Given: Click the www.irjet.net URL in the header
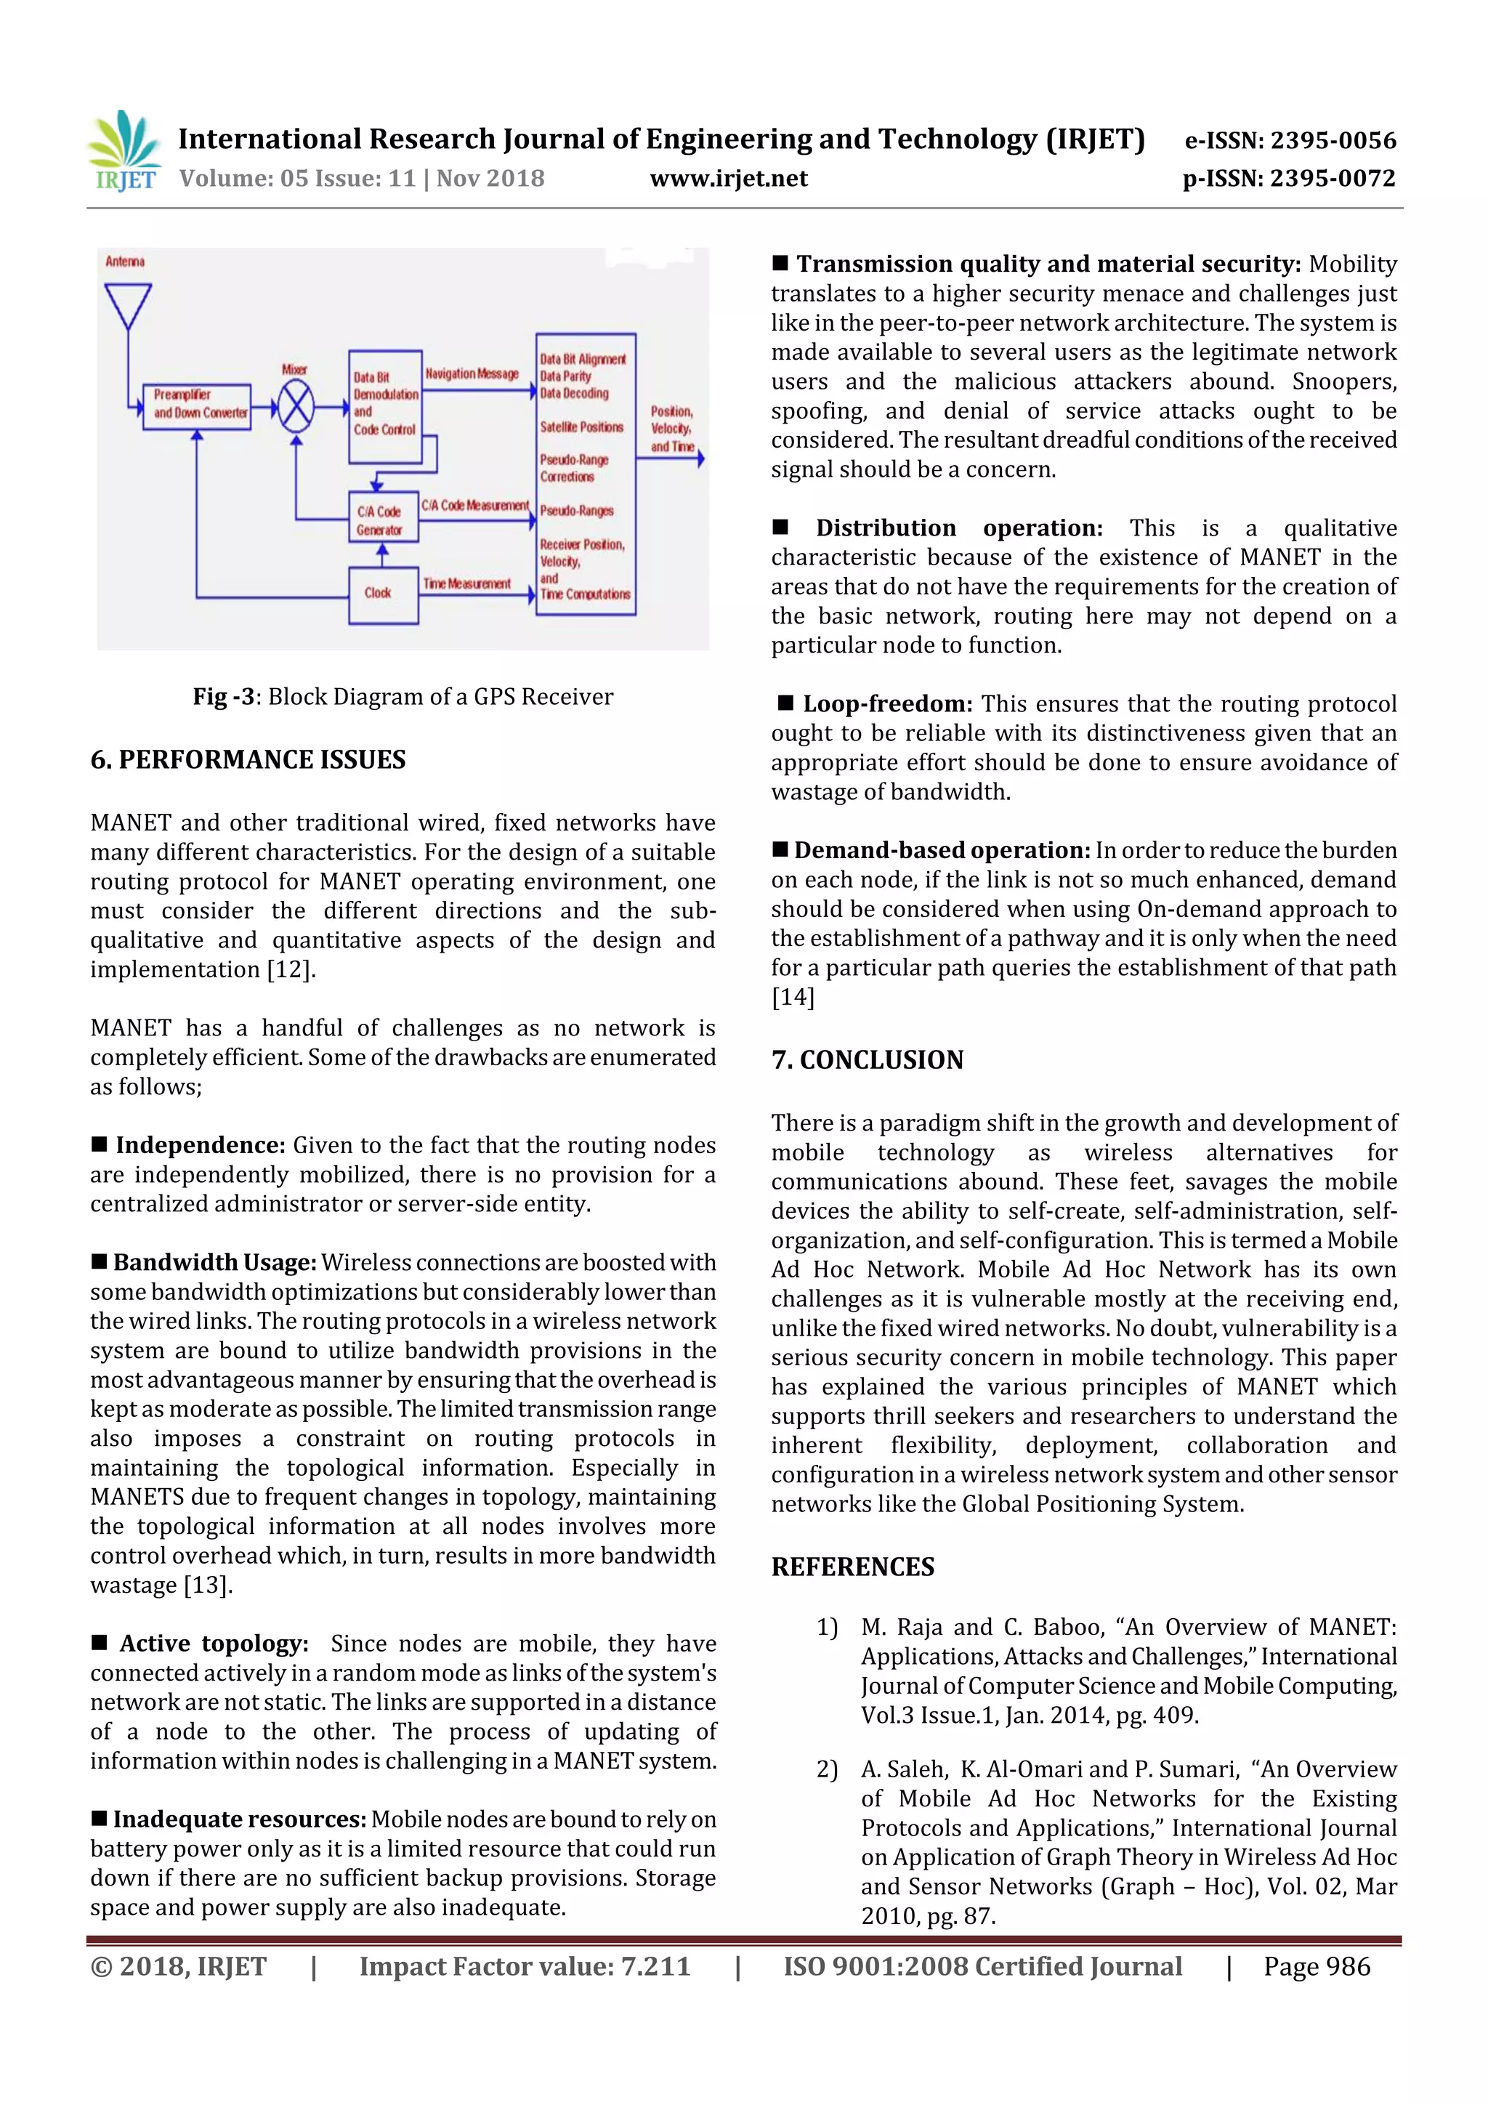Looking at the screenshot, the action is click(728, 178).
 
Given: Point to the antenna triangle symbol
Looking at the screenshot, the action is click(127, 305).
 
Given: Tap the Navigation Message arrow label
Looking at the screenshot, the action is click(472, 374).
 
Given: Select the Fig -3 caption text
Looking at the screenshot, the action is click(403, 697).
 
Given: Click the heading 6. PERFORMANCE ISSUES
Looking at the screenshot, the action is click(248, 759).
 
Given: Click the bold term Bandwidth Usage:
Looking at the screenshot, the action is click(214, 1262).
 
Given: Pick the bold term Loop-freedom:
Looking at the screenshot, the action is click(886, 704).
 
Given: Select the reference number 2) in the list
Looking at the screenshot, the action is click(826, 1769).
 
